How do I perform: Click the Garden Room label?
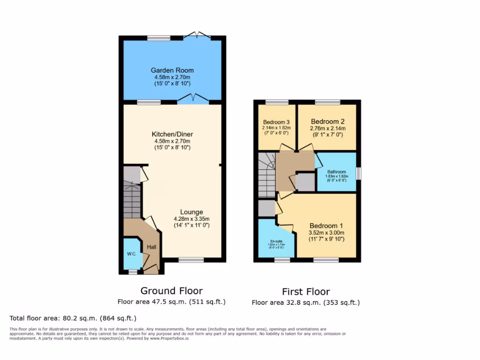click(x=172, y=70)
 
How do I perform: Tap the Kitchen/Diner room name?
click(x=172, y=134)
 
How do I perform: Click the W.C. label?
click(x=131, y=254)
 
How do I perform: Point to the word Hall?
click(x=152, y=247)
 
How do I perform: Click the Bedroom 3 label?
click(x=277, y=121)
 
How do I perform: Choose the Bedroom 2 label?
click(x=327, y=121)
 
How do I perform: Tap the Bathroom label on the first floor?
click(x=337, y=171)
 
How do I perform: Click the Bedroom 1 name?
click(x=326, y=225)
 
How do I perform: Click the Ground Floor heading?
click(x=172, y=291)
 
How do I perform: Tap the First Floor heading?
click(x=306, y=292)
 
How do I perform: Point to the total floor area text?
click(x=73, y=318)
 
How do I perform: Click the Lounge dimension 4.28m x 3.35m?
click(x=191, y=218)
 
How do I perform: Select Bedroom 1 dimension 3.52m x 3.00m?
click(x=326, y=232)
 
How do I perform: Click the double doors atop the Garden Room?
click(x=197, y=35)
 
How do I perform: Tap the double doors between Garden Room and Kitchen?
click(x=193, y=99)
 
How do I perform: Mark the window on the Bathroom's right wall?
click(x=359, y=173)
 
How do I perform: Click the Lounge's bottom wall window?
click(x=191, y=260)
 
